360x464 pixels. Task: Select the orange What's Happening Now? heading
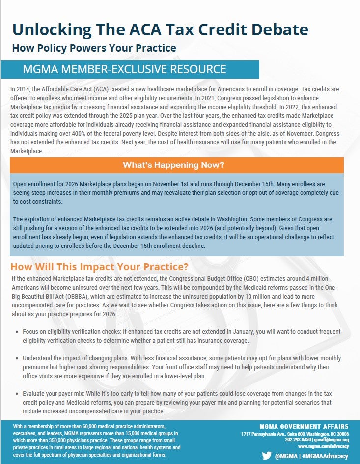pos(176,165)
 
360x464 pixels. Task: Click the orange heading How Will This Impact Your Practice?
pos(100,268)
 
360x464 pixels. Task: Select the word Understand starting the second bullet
pos(39,358)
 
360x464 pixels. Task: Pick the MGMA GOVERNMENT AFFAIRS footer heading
pos(304,426)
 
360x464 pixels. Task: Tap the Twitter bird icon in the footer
pos(267,456)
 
